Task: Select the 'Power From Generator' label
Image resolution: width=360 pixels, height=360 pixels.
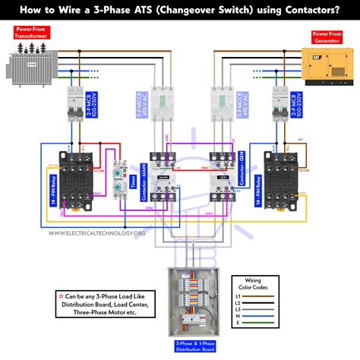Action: (328, 35)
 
